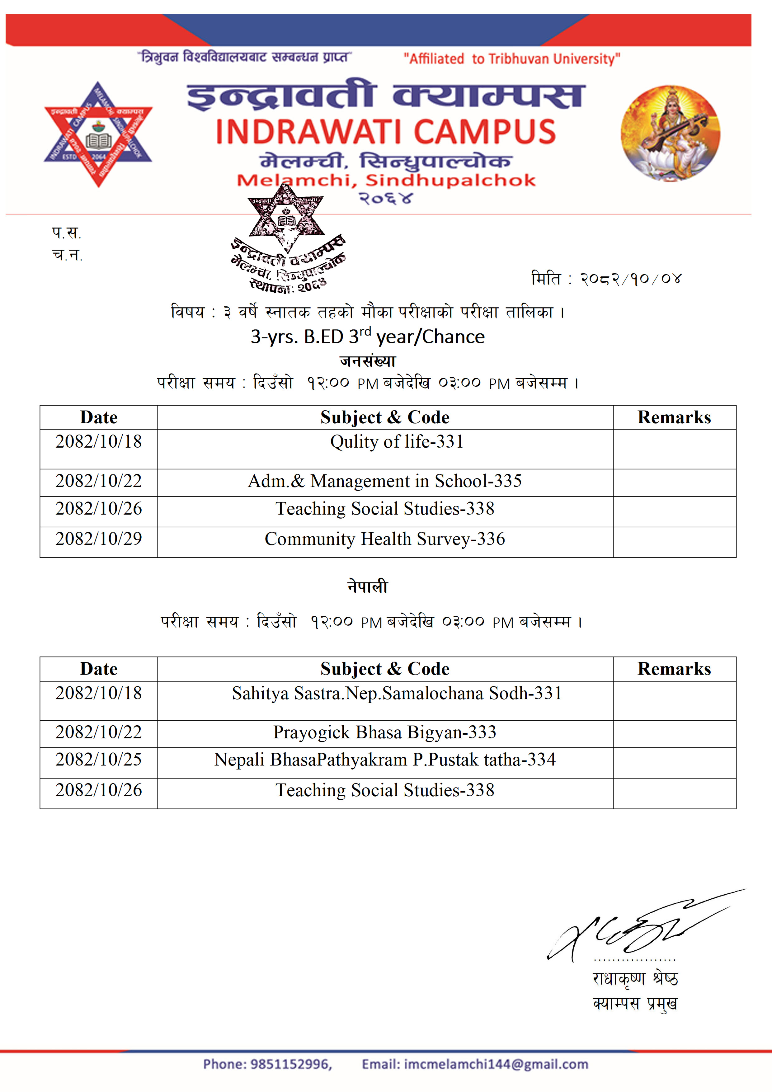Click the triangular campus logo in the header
98,134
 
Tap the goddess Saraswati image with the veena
670,134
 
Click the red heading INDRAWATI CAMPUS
385,132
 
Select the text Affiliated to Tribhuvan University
512,59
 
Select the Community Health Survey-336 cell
385,539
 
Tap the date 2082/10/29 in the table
98,539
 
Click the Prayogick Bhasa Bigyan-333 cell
385,732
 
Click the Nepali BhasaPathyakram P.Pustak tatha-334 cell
385,760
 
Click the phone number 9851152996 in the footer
291,1064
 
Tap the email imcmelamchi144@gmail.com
496,1064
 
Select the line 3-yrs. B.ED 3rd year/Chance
368,337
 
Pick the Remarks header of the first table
674,417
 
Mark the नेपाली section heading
368,587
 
